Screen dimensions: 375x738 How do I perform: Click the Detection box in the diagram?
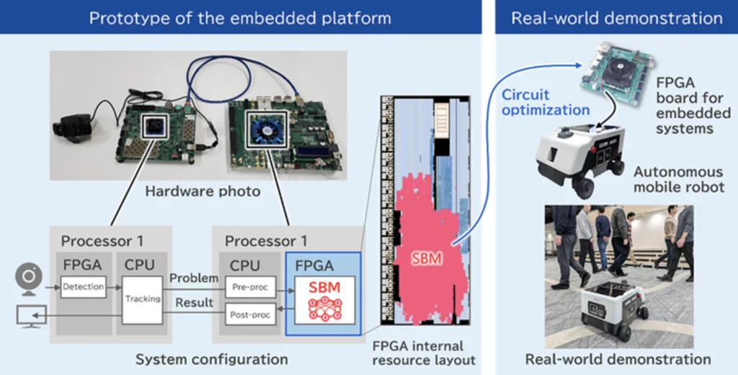pos(83,286)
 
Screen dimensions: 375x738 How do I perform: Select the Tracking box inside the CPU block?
pos(142,299)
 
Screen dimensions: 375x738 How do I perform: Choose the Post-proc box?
pos(251,314)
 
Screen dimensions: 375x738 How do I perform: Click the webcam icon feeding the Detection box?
pos(30,278)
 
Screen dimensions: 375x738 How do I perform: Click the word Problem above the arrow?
pos(194,278)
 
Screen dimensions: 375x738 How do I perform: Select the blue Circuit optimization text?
pos(545,102)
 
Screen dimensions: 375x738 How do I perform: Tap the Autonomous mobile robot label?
pos(678,180)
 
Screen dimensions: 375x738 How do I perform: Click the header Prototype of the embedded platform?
pos(240,17)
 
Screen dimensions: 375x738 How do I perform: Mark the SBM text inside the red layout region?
pos(427,258)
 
